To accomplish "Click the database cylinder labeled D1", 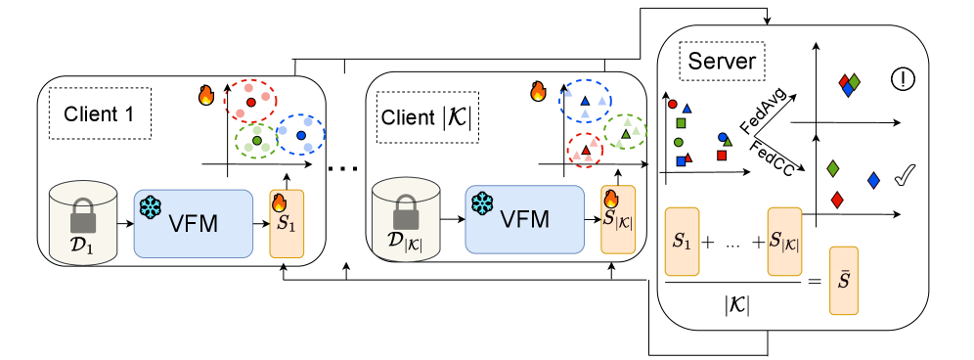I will (83, 223).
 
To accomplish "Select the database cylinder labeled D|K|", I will (406, 220).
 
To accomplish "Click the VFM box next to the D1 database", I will (194, 223).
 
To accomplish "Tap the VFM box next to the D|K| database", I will (525, 219).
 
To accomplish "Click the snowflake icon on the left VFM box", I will (150, 207).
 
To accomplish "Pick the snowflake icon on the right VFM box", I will (482, 203).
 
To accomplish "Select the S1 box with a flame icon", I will (287, 224).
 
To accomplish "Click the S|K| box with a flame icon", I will (618, 220).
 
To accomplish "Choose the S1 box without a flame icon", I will (682, 242).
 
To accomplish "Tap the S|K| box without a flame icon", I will (784, 242).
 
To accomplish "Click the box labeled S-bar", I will (844, 281).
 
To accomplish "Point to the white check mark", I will (906, 176).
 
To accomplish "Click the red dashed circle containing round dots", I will (250, 101).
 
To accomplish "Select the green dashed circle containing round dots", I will (256, 140).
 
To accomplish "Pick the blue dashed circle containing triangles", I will (585, 101).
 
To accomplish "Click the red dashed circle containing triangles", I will (585, 151).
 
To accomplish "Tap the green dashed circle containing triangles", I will (625, 131).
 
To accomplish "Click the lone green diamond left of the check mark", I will (832, 168).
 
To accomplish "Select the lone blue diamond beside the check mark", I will (873, 180).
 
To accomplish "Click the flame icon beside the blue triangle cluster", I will (538, 92).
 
